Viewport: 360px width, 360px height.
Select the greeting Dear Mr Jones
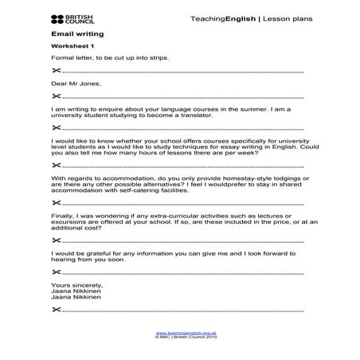pos(74,83)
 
